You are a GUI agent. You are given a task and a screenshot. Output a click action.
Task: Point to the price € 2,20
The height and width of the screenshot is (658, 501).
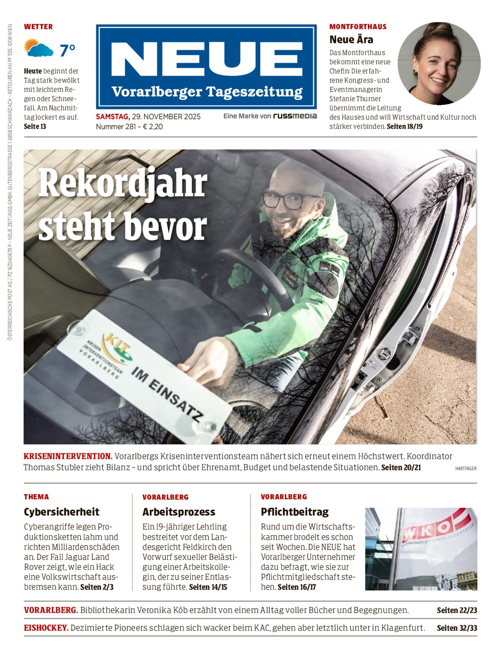click(153, 127)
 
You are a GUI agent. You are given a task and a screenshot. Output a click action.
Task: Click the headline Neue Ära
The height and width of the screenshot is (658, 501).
click(351, 39)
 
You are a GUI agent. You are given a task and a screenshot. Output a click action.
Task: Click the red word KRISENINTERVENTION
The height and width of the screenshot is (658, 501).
click(68, 456)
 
